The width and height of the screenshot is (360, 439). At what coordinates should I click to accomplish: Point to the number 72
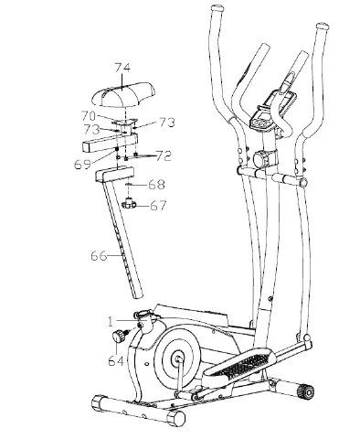pos(164,155)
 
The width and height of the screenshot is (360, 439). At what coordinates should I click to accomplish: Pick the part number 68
pos(157,186)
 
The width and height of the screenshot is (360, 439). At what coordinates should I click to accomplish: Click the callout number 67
pos(159,206)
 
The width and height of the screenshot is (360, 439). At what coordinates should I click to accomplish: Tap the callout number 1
pos(110,320)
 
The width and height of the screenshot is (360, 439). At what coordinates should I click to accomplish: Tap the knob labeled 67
pos(133,203)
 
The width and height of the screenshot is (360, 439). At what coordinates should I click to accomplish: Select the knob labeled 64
pos(119,337)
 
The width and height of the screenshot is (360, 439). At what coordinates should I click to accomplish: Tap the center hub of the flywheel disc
pos(173,358)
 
